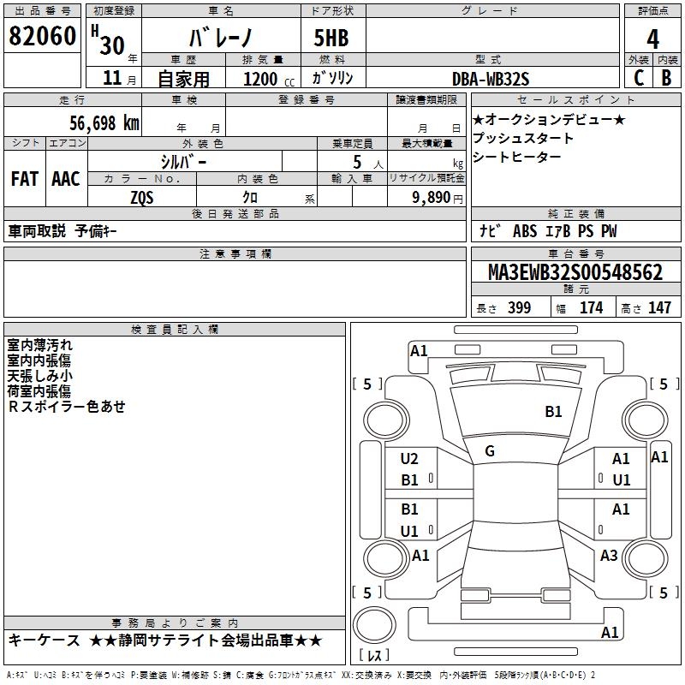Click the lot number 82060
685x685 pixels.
tap(42, 37)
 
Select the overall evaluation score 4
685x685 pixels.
tap(652, 39)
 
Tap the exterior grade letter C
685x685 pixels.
tap(638, 78)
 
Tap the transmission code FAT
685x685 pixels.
tap(24, 179)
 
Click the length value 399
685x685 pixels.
tap(519, 307)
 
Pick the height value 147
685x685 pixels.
tap(659, 307)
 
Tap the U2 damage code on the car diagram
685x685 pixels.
tap(409, 459)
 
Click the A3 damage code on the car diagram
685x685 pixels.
tap(609, 556)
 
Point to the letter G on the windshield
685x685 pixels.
tap(490, 451)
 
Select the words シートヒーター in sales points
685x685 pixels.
tap(517, 157)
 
